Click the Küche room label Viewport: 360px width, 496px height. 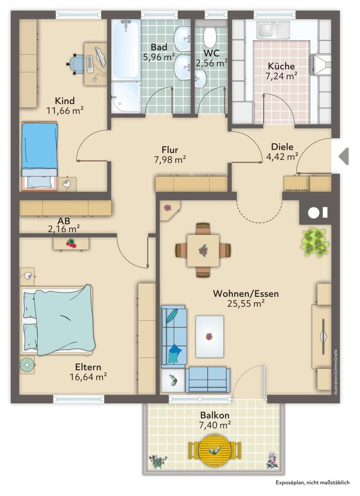[281, 66]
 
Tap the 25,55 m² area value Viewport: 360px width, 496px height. [246, 304]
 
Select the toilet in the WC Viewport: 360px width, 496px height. [209, 37]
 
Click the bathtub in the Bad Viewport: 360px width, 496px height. [126, 49]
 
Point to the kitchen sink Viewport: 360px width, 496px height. [273, 30]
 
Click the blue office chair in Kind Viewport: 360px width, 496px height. [76, 64]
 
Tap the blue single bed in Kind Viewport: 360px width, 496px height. [39, 157]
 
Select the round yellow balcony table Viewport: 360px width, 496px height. [215, 451]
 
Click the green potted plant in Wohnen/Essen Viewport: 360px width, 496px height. [315, 242]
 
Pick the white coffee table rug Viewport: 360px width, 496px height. [209, 336]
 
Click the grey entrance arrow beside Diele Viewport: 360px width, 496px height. [344, 156]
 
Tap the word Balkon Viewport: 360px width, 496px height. [214, 415]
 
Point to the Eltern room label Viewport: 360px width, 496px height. [88, 367]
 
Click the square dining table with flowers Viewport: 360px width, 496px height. [203, 250]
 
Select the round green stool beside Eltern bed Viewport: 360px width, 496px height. [27, 365]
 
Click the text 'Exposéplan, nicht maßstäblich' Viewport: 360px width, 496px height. [313, 482]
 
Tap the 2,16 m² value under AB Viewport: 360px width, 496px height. [63, 229]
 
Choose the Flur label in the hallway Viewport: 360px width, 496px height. [169, 150]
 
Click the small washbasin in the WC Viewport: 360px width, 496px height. [200, 78]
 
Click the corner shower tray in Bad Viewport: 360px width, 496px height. [126, 97]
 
